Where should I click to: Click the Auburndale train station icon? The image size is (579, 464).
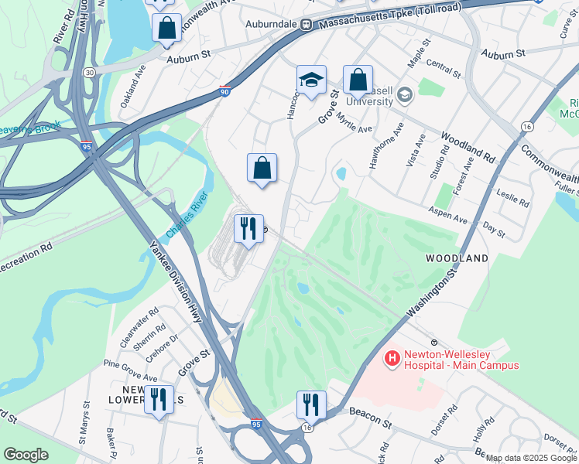[306, 25]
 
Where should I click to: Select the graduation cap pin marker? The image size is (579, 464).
[311, 80]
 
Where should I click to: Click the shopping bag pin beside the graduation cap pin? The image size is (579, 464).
[358, 80]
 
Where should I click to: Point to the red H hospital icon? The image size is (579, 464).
[392, 358]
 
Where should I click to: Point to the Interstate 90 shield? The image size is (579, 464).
[224, 90]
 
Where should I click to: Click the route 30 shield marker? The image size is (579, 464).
[91, 72]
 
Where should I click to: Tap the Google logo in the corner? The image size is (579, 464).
[26, 455]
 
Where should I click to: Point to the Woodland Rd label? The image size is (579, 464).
[468, 147]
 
